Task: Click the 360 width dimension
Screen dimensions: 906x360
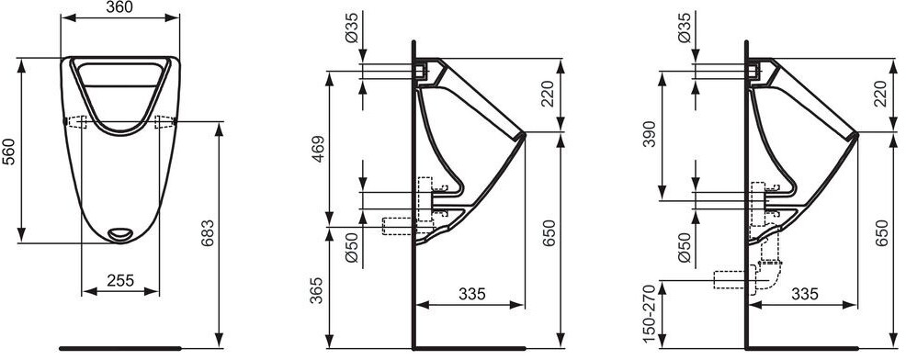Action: (120, 7)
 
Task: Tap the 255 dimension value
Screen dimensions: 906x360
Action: (120, 280)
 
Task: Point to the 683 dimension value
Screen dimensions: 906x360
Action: (208, 232)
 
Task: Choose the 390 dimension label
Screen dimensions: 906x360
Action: (651, 134)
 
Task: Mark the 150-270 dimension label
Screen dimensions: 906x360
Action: (651, 315)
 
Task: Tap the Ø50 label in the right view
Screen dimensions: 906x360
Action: (683, 247)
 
